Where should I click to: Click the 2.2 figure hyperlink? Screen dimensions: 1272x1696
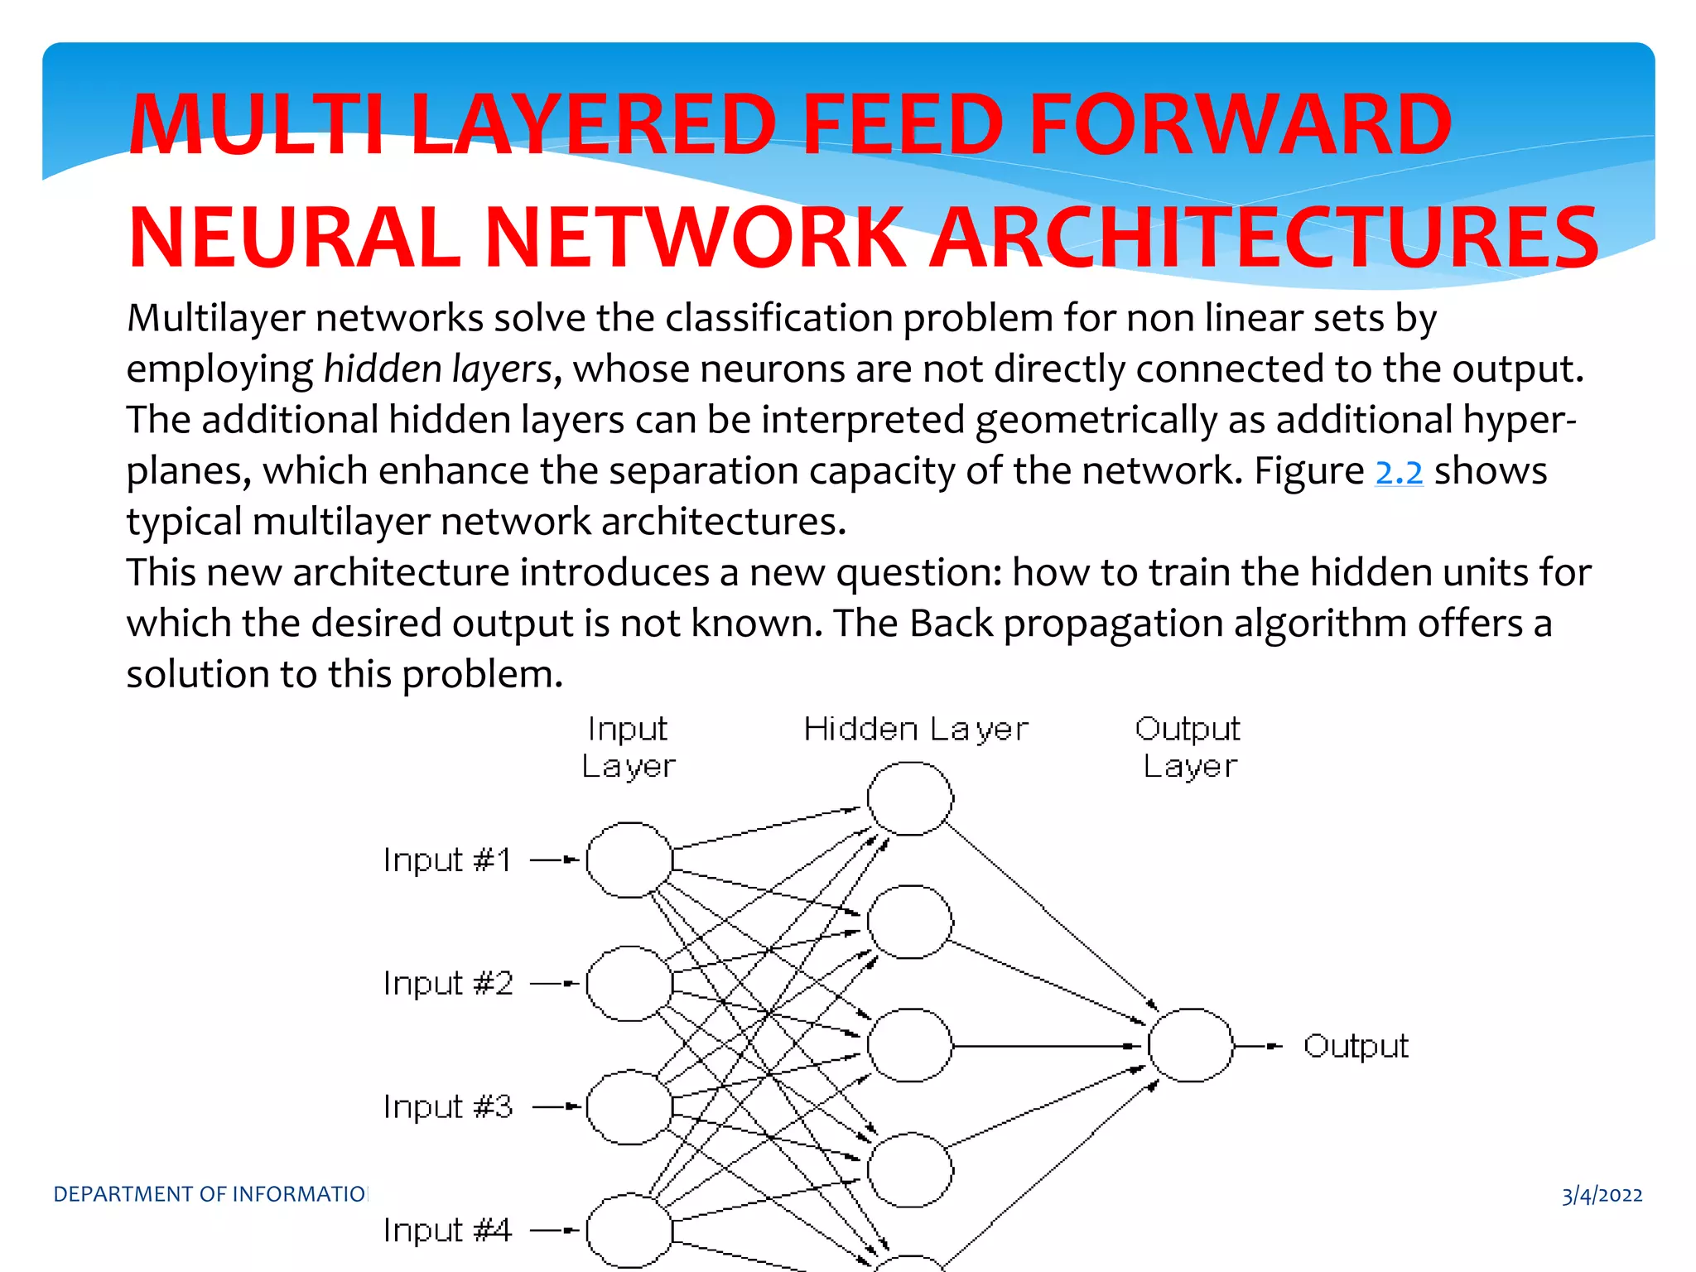(x=1399, y=472)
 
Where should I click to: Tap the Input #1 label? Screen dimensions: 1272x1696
(x=447, y=860)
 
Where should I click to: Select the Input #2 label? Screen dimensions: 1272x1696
(x=448, y=984)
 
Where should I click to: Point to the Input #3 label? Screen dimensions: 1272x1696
(x=448, y=1107)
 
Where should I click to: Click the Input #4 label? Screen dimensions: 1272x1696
(x=448, y=1231)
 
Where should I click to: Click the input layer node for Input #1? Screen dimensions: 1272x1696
(x=629, y=860)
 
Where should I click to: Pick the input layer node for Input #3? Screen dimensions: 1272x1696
(x=629, y=1107)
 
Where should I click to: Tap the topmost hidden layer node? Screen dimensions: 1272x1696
(x=910, y=798)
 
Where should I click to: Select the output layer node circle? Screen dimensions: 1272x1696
(x=1191, y=1045)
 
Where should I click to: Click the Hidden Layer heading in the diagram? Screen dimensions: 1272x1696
(x=916, y=730)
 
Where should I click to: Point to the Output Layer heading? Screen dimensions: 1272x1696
(x=1189, y=748)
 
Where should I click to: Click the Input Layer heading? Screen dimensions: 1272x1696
(x=629, y=748)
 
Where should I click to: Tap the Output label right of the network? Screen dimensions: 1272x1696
(x=1356, y=1046)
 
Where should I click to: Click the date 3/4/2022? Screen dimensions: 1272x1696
(x=1602, y=1195)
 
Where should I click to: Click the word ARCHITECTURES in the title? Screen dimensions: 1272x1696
(x=1265, y=238)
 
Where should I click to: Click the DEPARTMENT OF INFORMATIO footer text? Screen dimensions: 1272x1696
(x=210, y=1194)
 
